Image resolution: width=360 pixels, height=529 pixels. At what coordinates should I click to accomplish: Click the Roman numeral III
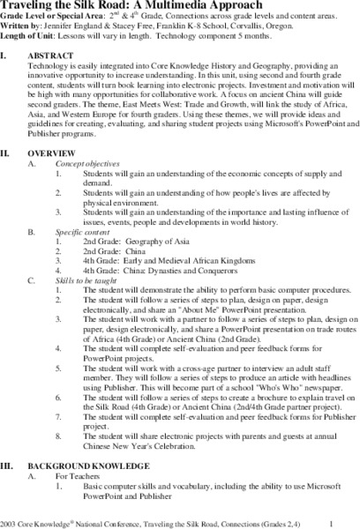[x=10, y=466]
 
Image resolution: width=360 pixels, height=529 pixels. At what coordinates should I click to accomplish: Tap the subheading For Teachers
[x=78, y=477]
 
